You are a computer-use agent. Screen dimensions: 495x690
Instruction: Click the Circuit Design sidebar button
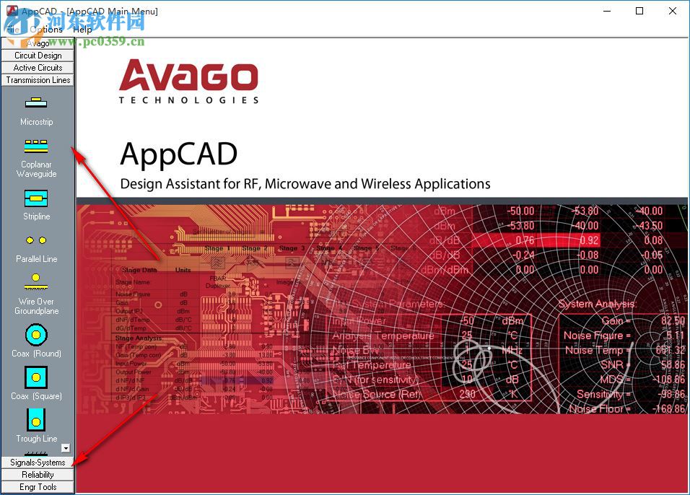click(38, 55)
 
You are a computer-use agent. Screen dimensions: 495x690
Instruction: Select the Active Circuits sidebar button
click(38, 67)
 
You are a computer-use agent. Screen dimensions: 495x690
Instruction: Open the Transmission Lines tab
click(38, 79)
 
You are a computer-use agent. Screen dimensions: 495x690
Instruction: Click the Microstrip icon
click(36, 103)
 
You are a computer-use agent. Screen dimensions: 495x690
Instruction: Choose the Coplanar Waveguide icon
click(36, 146)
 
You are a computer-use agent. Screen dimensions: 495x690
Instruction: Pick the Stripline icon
click(36, 198)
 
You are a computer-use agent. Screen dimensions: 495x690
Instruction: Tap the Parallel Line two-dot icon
click(36, 240)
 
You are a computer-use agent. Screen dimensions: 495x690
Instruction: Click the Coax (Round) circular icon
click(36, 334)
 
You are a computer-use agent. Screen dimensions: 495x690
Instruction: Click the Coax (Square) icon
click(36, 377)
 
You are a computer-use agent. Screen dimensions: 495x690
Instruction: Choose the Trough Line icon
click(36, 419)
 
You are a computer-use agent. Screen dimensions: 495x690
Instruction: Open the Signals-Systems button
click(38, 462)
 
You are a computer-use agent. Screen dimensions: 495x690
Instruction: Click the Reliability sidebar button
click(38, 474)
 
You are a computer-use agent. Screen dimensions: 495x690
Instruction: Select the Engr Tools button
click(38, 486)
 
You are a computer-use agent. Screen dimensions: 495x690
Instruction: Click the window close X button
click(673, 11)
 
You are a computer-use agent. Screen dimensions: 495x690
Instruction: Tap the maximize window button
click(639, 11)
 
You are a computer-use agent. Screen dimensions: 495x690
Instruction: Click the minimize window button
click(606, 11)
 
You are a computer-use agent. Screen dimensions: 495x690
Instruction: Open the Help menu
click(82, 29)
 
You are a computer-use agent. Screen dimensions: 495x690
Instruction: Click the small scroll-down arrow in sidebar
click(66, 448)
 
